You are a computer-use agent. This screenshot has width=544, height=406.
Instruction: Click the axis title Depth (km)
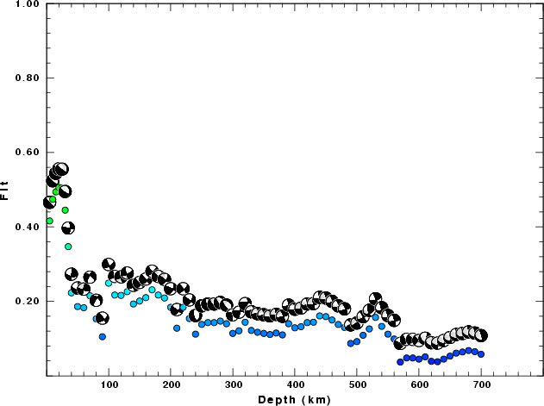point(295,399)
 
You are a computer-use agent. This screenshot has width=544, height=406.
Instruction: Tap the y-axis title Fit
point(6,190)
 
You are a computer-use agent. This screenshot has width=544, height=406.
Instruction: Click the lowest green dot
point(68,247)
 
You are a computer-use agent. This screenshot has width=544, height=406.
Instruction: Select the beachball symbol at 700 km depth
point(481,335)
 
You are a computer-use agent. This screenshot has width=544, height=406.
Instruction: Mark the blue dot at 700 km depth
point(481,354)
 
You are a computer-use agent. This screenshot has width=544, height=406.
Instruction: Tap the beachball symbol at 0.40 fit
point(68,228)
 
